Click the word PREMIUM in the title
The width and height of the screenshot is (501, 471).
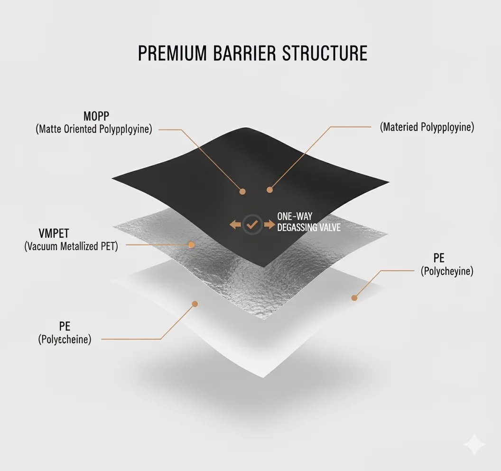click(172, 53)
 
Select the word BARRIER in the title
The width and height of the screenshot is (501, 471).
click(244, 53)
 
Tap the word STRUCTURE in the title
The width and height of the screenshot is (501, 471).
click(325, 53)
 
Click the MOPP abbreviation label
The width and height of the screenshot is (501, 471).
click(96, 116)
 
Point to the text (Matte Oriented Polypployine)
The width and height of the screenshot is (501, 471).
click(94, 129)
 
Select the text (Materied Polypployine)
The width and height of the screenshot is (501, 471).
click(427, 127)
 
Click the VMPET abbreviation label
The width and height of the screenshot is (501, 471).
click(54, 233)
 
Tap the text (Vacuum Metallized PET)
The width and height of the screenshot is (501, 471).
click(71, 246)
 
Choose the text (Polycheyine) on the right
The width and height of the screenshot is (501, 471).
click(447, 271)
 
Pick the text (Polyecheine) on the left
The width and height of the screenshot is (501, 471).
click(65, 339)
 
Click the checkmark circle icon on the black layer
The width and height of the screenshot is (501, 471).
click(252, 225)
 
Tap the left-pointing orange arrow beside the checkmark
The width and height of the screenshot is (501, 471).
click(235, 225)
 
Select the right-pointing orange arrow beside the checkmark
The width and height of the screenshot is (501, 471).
click(269, 225)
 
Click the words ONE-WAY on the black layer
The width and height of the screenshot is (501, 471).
click(295, 217)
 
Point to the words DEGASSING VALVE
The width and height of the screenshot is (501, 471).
click(309, 227)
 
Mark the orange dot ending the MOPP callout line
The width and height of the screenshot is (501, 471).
click(242, 191)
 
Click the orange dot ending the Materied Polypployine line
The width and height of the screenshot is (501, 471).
click(269, 190)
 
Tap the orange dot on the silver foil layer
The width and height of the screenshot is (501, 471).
click(191, 245)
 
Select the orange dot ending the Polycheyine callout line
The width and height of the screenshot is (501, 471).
click(354, 298)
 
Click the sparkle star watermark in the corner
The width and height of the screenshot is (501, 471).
click(474, 444)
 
